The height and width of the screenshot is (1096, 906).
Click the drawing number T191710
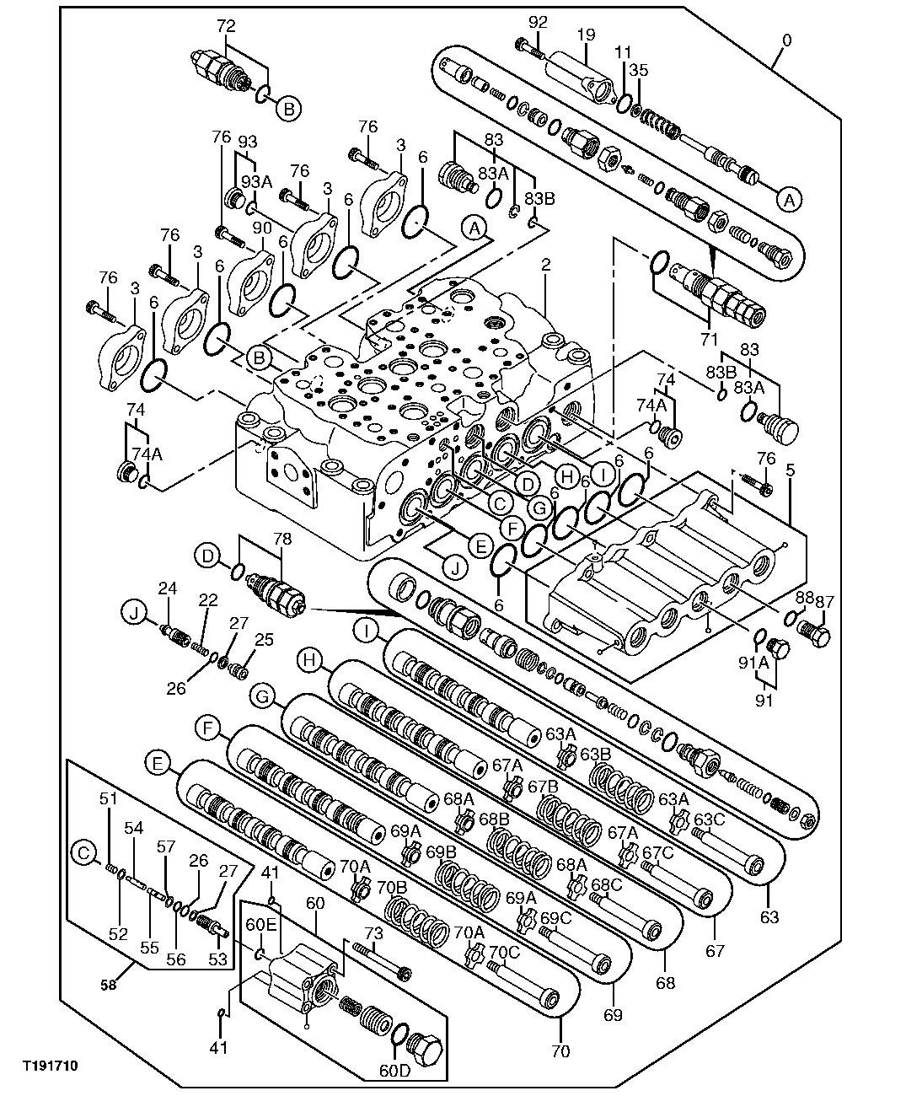pos(50,1066)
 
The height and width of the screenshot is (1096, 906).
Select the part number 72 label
pos(226,26)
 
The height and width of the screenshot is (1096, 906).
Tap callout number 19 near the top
pos(587,35)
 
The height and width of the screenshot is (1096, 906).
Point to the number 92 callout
pos(538,21)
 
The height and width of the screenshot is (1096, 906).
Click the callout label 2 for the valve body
pos(545,265)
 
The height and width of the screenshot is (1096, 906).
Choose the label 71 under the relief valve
pos(709,339)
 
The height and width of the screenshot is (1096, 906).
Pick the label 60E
pos(260,925)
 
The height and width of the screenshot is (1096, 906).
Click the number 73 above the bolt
pos(373,933)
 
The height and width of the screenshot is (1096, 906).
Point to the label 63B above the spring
pos(595,753)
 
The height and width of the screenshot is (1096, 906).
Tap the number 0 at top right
pos(785,40)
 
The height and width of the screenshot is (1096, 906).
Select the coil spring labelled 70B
pos(417,922)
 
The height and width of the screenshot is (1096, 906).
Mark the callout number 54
pos(134,828)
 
